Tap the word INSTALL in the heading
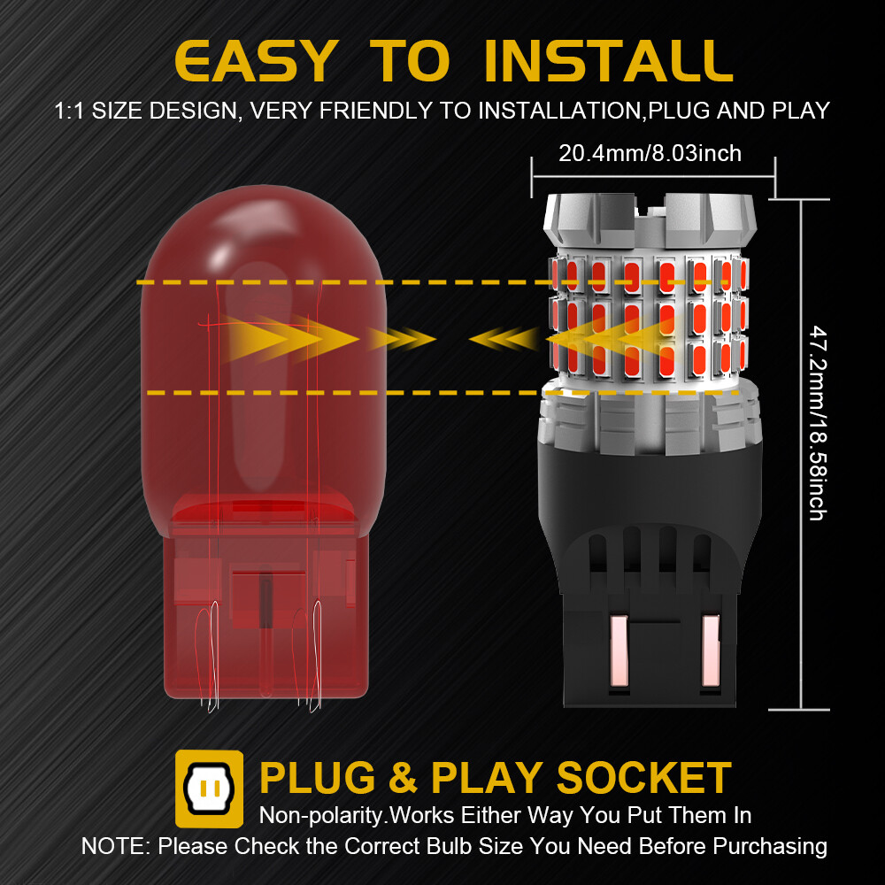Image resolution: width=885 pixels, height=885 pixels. [x=609, y=61]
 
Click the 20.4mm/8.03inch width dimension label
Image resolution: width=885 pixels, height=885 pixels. [x=650, y=153]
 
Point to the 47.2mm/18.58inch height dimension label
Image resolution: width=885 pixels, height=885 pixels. [x=818, y=422]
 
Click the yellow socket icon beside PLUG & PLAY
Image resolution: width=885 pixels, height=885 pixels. [x=210, y=789]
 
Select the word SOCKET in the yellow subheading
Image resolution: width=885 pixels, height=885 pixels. [x=643, y=778]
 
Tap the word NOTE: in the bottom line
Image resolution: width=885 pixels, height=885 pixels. [x=116, y=846]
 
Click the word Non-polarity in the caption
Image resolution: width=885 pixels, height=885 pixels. [x=321, y=816]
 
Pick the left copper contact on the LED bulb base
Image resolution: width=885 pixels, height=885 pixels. [x=619, y=650]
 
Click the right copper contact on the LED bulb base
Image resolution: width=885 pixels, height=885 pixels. [x=710, y=650]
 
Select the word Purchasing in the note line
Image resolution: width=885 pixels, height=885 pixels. [x=770, y=846]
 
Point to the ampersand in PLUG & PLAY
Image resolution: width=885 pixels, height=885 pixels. [x=403, y=778]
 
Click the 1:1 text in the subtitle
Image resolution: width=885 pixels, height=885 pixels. [x=69, y=111]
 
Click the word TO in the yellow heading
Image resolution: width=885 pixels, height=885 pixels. [x=410, y=61]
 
